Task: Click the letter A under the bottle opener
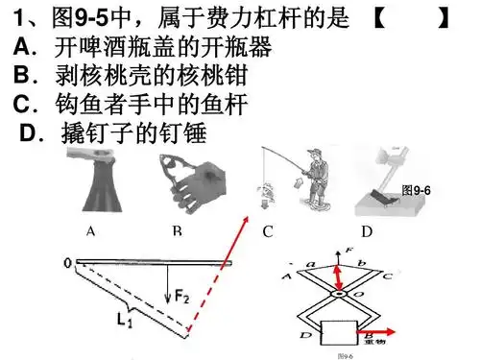coord(90,231)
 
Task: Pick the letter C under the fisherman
coord(268,231)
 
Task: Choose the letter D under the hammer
coord(366,231)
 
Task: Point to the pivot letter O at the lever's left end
coord(67,260)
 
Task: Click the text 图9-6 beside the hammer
coord(417,190)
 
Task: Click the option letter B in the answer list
coord(22,73)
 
